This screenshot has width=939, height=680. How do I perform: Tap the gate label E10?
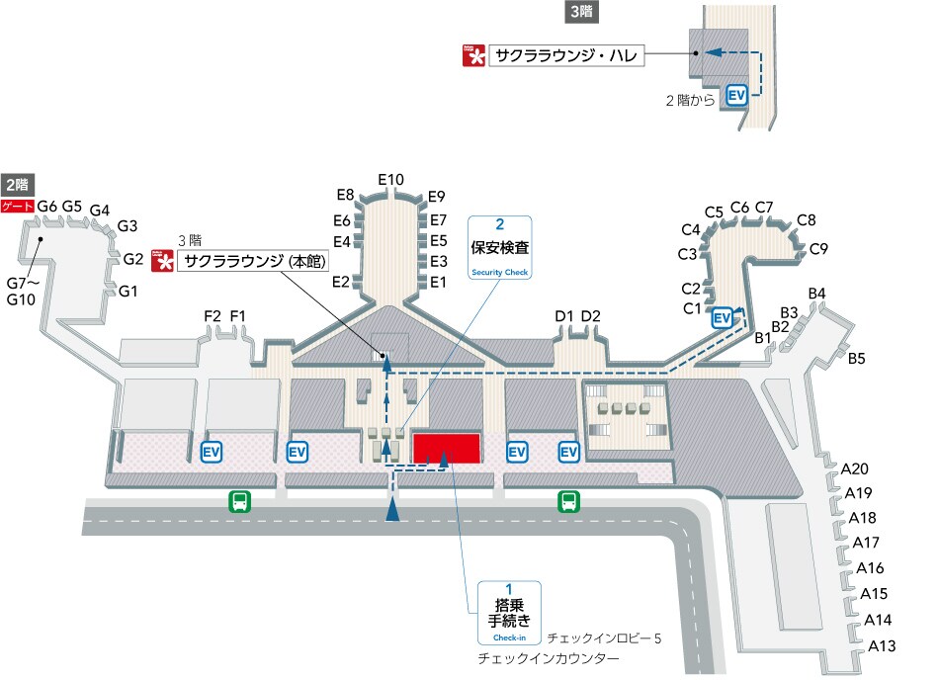(x=391, y=179)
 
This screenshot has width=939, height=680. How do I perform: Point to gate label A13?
(x=882, y=646)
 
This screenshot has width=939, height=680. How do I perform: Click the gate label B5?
(x=856, y=358)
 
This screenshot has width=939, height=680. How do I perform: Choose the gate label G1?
(x=128, y=292)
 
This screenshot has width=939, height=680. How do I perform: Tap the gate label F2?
(x=213, y=316)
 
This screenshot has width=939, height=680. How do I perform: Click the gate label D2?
(x=591, y=316)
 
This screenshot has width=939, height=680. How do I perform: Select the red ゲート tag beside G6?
(x=17, y=207)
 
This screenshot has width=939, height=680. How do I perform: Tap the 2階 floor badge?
(x=17, y=184)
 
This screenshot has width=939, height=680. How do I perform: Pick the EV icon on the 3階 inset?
(x=735, y=95)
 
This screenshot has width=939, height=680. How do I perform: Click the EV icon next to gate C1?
(x=722, y=317)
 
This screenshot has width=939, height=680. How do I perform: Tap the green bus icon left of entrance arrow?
(x=240, y=501)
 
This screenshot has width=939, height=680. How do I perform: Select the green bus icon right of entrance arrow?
(x=569, y=501)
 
